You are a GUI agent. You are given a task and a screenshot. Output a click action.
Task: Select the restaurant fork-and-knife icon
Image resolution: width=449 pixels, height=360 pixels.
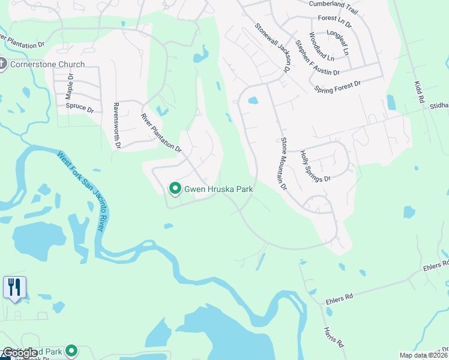click(x=14, y=286)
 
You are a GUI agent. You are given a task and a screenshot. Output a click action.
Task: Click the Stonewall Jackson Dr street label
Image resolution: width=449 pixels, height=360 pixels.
click(x=273, y=49)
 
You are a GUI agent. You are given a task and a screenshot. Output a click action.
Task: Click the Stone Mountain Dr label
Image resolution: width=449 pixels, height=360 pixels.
click(x=284, y=163)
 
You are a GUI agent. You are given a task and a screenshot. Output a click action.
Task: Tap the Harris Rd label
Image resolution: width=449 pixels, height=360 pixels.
click(x=333, y=337)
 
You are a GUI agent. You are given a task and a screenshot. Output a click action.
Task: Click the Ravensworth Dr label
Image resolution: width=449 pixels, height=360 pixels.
click(x=117, y=126)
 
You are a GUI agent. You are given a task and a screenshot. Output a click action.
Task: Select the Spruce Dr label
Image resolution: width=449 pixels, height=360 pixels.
click(x=79, y=109)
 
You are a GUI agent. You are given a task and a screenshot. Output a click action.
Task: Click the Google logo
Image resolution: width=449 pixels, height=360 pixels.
click(x=20, y=353)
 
